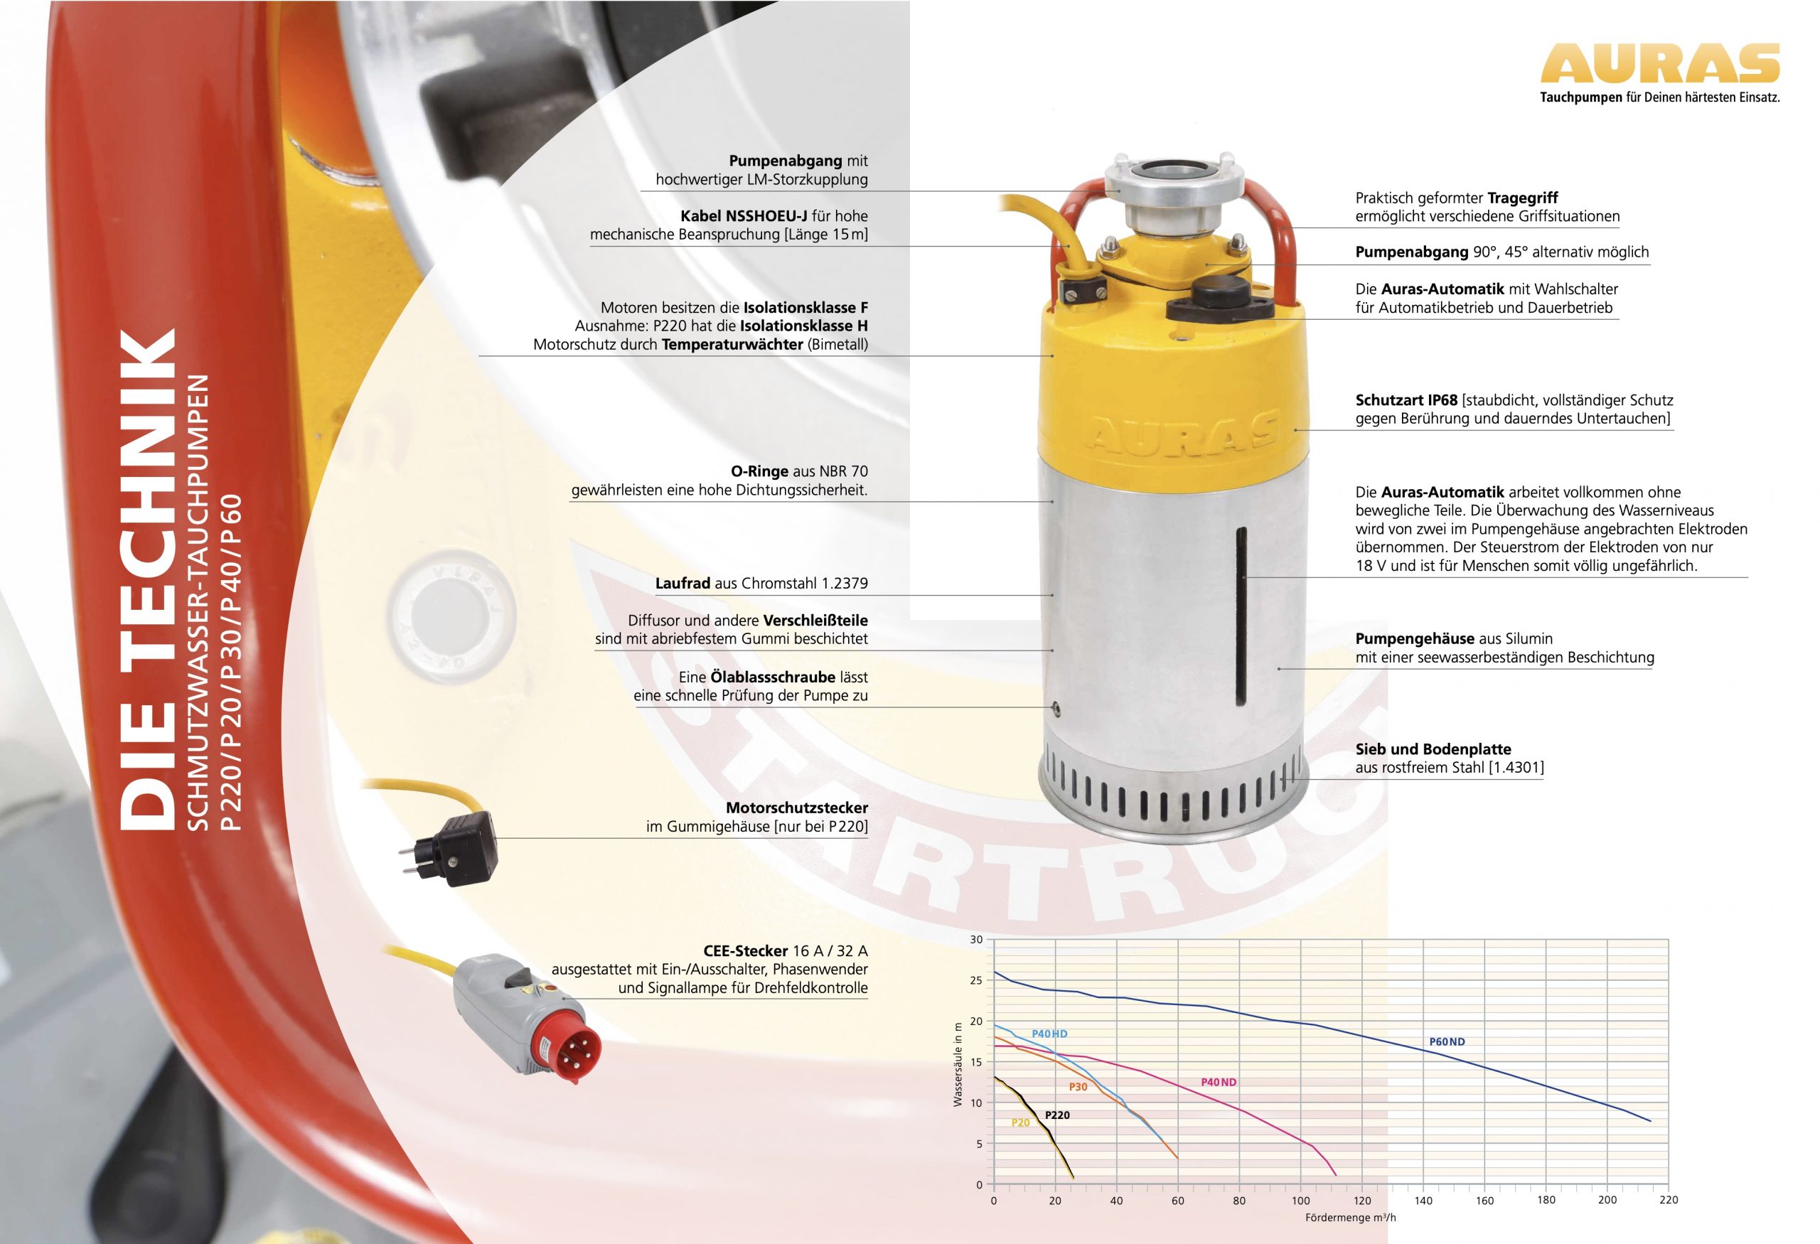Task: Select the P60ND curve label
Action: tap(1447, 1042)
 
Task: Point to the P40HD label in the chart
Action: tap(1049, 1034)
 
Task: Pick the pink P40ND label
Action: tap(1219, 1082)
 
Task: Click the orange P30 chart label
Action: tap(1078, 1087)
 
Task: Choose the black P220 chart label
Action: tap(1057, 1115)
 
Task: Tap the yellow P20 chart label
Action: tap(1020, 1122)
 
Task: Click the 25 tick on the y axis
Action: tap(976, 980)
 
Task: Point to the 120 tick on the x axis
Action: tap(1362, 1200)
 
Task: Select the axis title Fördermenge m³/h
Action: tap(1350, 1218)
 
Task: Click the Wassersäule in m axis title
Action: tap(957, 1065)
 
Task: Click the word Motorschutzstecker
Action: tap(796, 807)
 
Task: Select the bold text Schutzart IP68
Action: tap(1406, 400)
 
